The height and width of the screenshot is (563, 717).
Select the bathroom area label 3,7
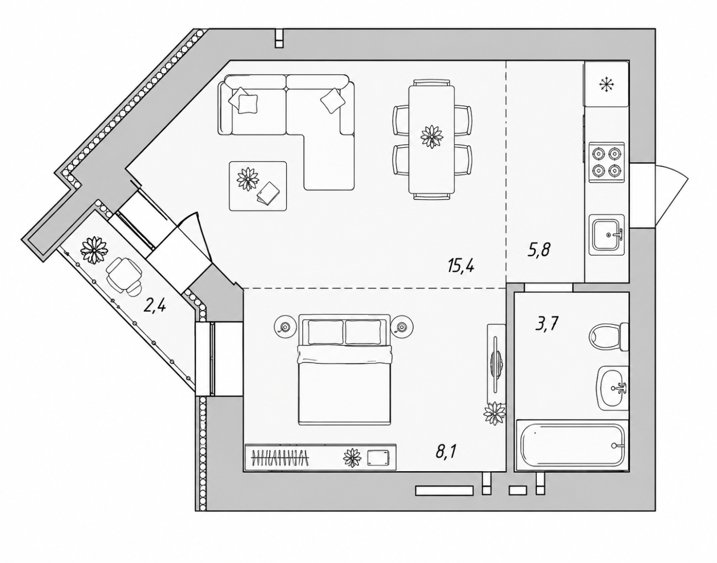coord(546,325)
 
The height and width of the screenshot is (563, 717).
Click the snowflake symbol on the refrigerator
coord(607,84)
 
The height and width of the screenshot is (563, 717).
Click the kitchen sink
coord(607,235)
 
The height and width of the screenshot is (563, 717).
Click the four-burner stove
coord(607,162)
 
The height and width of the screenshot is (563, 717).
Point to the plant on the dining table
coord(431,136)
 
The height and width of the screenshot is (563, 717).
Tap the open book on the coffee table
coord(268,193)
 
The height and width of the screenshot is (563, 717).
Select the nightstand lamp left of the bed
coord(285,327)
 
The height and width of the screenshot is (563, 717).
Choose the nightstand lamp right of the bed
coord(401,327)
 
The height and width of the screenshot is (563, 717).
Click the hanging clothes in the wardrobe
coord(280,458)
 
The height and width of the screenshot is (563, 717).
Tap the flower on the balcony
coord(95,250)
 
